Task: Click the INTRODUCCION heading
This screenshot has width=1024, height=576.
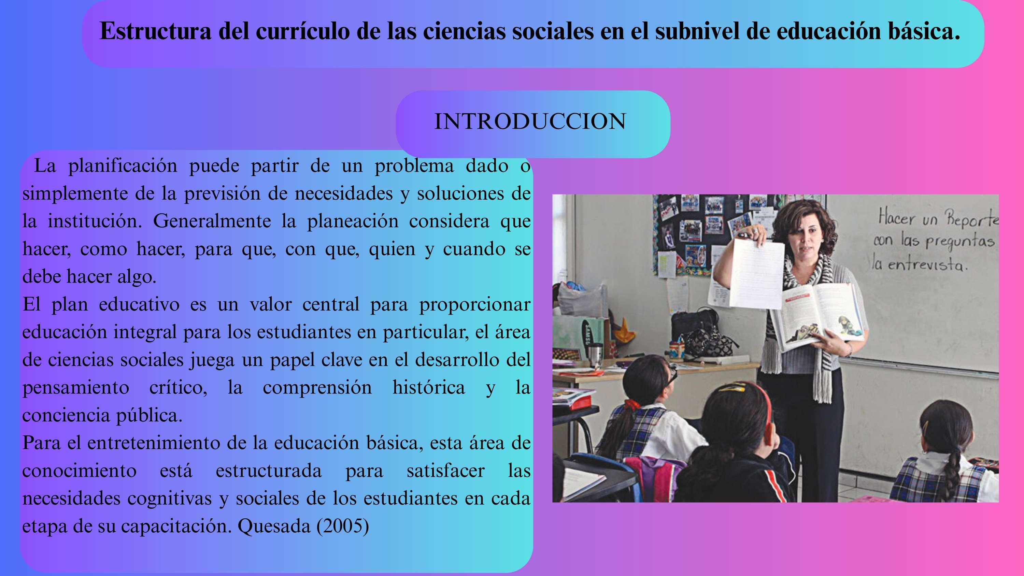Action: point(530,121)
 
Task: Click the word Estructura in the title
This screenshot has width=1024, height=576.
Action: point(155,31)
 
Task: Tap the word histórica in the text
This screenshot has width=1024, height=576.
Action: point(428,387)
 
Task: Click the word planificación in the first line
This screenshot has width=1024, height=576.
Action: point(123,166)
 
